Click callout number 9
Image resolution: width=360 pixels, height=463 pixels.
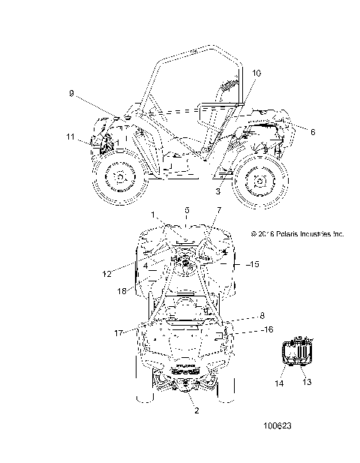coord(71,93)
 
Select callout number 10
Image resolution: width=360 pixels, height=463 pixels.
coord(256,73)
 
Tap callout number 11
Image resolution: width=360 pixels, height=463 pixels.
coord(70,137)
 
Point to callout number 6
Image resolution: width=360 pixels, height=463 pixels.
coord(313,131)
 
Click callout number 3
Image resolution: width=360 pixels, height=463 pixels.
coord(217,191)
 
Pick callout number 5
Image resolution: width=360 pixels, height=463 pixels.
coord(187,210)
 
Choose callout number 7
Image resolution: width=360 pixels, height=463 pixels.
coord(219,210)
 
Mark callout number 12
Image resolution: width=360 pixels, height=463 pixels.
coord(106,274)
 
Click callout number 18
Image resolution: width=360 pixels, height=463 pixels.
coord(121,291)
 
